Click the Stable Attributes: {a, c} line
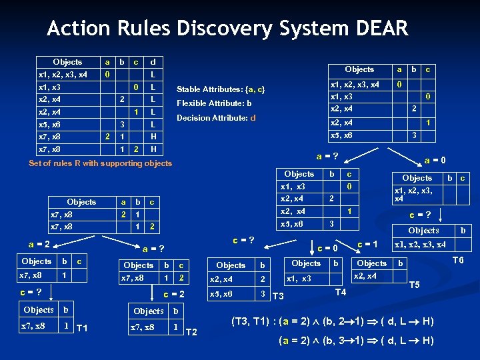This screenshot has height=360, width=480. tap(220, 89)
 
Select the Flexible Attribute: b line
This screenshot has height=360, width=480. tap(213, 103)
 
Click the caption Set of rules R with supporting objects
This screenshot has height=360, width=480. tap(100, 163)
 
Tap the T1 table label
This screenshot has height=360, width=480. tap(84, 327)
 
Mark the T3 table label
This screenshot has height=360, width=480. tap(279, 296)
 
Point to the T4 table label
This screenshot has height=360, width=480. tap(340, 293)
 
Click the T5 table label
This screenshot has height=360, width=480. tap(414, 285)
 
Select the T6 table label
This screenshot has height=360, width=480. tap(458, 261)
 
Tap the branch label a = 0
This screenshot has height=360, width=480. tap(435, 160)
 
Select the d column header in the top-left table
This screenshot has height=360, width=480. tap(153, 62)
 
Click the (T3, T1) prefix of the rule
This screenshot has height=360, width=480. tap(253, 321)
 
